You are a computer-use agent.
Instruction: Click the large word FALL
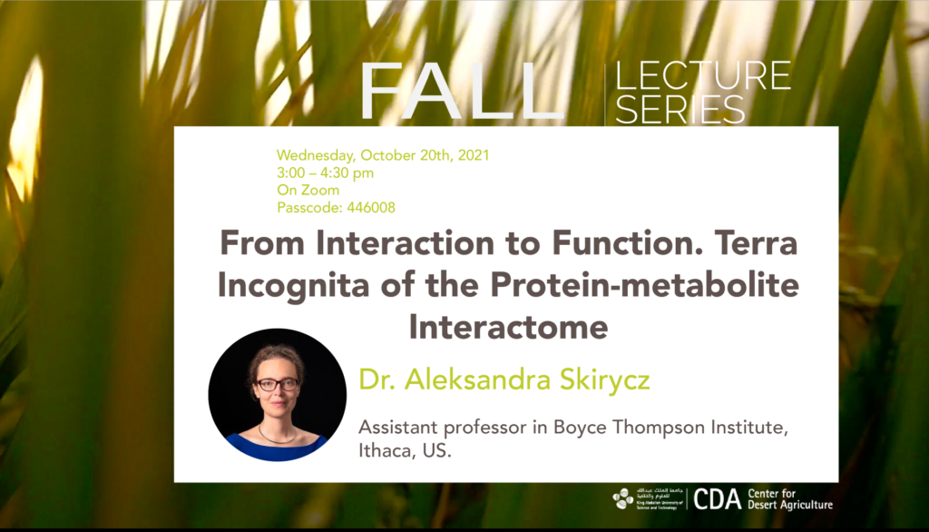[x=461, y=92]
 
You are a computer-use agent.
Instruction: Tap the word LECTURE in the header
[x=703, y=75]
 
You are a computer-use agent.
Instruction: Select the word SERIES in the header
[x=680, y=109]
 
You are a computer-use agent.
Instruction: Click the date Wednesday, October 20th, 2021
[x=383, y=155]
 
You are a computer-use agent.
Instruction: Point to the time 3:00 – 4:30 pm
[x=326, y=173]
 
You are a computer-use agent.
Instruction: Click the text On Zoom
[x=308, y=191]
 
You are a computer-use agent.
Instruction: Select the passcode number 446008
[x=371, y=208]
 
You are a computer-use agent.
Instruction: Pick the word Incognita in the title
[x=295, y=286]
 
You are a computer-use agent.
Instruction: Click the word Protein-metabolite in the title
[x=645, y=285]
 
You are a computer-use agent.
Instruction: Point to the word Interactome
[x=508, y=327]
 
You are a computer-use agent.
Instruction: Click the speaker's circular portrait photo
[x=278, y=395]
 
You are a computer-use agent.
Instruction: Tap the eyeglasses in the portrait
[x=277, y=384]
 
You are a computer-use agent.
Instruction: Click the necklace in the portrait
[x=278, y=438]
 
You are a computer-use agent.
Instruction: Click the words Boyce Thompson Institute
[x=670, y=427]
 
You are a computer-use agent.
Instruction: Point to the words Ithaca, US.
[x=405, y=450]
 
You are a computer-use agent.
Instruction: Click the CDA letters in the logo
[x=717, y=499]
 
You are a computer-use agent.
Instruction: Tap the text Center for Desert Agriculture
[x=790, y=499]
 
